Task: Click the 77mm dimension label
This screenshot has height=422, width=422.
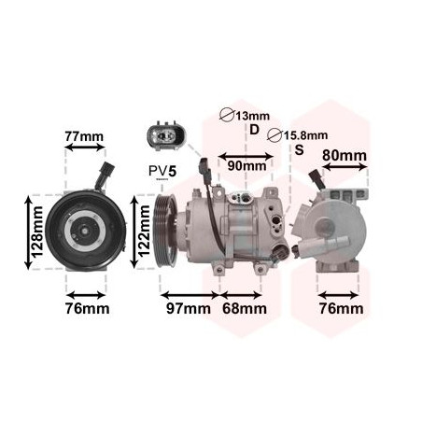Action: pos(84,136)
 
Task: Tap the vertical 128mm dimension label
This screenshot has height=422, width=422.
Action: pos(38,232)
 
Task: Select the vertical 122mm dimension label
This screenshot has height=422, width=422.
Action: pos(144,232)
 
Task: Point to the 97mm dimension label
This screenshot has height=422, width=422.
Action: pos(189,308)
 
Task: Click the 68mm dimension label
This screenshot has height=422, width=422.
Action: pos(245,308)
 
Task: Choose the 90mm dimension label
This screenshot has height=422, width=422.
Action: pos(246,166)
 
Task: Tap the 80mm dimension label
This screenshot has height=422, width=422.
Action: pos(345,155)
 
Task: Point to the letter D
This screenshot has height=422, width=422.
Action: pos(254,130)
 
